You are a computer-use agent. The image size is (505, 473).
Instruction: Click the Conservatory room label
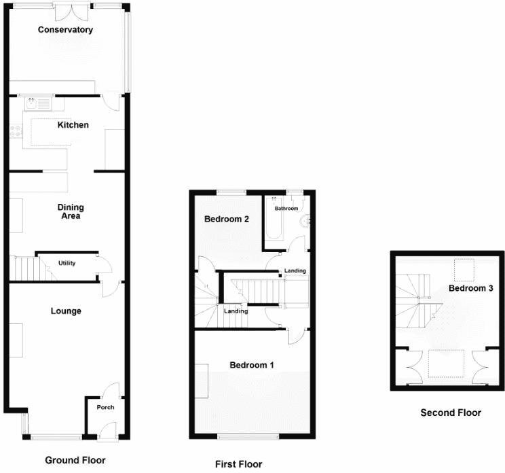(65, 30)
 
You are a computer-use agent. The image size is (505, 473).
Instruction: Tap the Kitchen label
(73, 125)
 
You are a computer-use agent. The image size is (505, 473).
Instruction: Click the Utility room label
(67, 263)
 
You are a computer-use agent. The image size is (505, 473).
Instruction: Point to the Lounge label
(66, 311)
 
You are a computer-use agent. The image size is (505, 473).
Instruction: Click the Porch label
(105, 408)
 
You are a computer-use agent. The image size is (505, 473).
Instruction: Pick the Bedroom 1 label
(251, 365)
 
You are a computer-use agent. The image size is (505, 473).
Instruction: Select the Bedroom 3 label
(470, 288)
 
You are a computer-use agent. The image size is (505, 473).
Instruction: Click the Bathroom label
(286, 209)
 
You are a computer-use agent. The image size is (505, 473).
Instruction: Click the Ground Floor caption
(75, 460)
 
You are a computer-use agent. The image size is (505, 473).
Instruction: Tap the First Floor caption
(238, 464)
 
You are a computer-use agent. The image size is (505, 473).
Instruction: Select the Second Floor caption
(451, 413)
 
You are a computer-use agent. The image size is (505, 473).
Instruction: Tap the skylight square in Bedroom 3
(464, 270)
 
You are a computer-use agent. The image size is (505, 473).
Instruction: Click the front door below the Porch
(107, 430)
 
